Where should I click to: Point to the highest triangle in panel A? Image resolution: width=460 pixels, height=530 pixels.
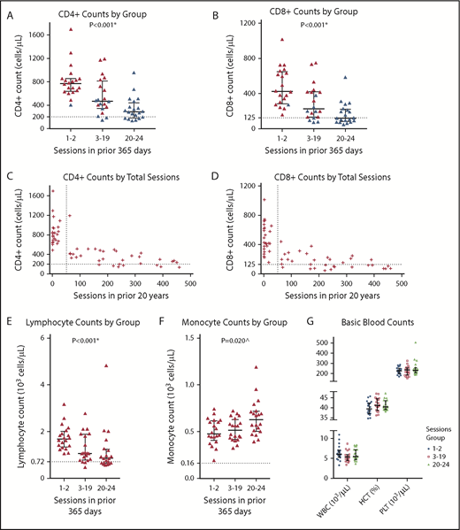[70, 30]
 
